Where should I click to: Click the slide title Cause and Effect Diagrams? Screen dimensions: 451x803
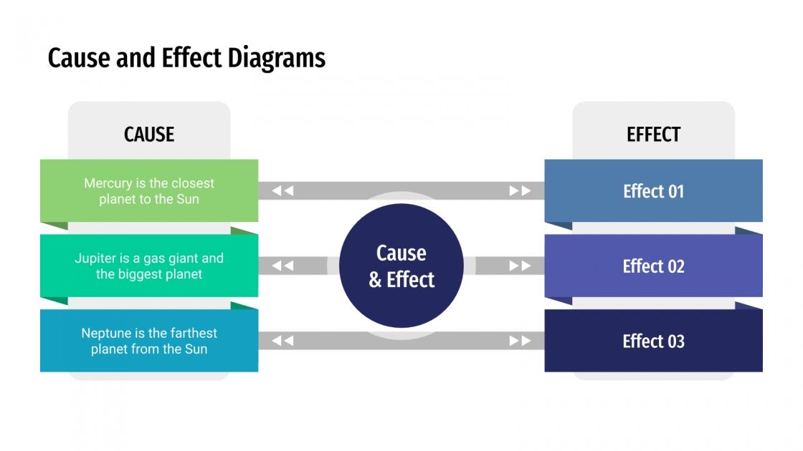(186, 58)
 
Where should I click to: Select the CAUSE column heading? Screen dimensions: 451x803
(149, 134)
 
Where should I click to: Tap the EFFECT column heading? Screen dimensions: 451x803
(653, 134)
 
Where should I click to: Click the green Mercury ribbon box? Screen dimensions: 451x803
(149, 190)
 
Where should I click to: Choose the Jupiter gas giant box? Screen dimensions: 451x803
(149, 266)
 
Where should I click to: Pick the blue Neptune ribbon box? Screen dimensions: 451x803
(149, 341)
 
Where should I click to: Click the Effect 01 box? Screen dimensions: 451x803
(653, 190)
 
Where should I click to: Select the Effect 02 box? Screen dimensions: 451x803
(653, 266)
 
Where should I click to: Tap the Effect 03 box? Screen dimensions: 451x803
(653, 341)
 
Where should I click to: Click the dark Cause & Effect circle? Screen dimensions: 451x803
(401, 266)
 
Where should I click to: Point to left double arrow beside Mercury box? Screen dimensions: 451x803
(282, 190)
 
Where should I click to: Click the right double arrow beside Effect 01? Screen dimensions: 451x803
(520, 190)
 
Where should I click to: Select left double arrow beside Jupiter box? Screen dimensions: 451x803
(282, 266)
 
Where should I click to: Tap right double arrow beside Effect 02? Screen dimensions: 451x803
(520, 266)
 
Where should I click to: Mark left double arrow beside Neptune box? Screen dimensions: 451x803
(282, 341)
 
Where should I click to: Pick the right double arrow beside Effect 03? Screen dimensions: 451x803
(520, 341)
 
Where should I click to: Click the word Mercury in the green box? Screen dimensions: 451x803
(108, 183)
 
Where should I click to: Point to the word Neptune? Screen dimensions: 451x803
(107, 333)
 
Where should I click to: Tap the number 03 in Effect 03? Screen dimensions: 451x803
(675, 341)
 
